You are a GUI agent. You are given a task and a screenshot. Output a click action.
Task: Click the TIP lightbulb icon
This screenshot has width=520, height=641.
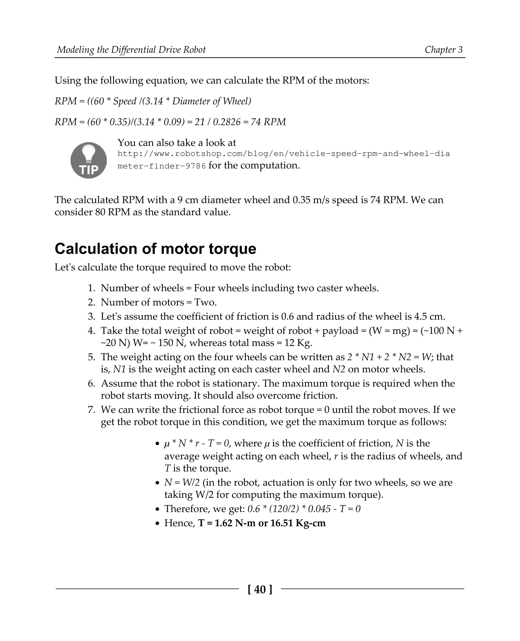pyautogui.click(x=89, y=160)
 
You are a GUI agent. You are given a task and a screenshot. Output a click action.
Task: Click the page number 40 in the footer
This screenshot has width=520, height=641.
pyautogui.click(x=260, y=589)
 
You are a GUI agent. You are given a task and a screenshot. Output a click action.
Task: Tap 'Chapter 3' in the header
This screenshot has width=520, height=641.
pyautogui.click(x=443, y=50)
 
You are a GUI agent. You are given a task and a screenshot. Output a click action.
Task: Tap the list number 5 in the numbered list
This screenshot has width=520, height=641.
pyautogui.click(x=91, y=357)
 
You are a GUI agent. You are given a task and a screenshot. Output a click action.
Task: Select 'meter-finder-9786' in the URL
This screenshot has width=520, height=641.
pyautogui.click(x=161, y=166)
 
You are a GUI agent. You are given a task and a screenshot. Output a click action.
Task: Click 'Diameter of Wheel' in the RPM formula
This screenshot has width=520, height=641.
pyautogui.click(x=212, y=101)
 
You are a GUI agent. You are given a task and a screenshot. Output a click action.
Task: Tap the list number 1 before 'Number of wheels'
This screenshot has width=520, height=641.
pyautogui.click(x=91, y=288)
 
